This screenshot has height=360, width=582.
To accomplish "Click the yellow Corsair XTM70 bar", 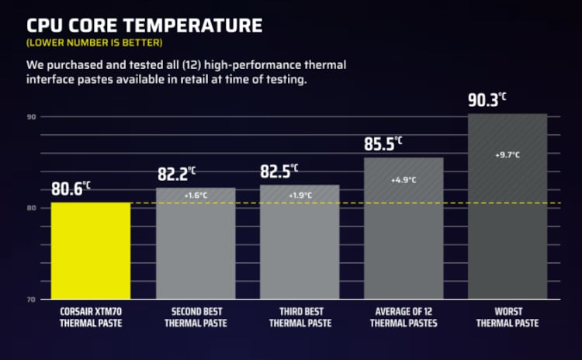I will [91, 251].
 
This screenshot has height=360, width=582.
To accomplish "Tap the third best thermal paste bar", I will [300, 242].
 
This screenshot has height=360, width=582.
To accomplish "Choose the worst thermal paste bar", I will [508, 206].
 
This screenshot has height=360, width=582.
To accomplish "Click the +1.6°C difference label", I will [196, 196].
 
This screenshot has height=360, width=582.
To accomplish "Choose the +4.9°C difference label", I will [404, 180].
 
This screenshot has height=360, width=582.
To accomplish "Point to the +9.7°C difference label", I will [508, 155].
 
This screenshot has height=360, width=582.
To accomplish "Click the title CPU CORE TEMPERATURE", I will [144, 25].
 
